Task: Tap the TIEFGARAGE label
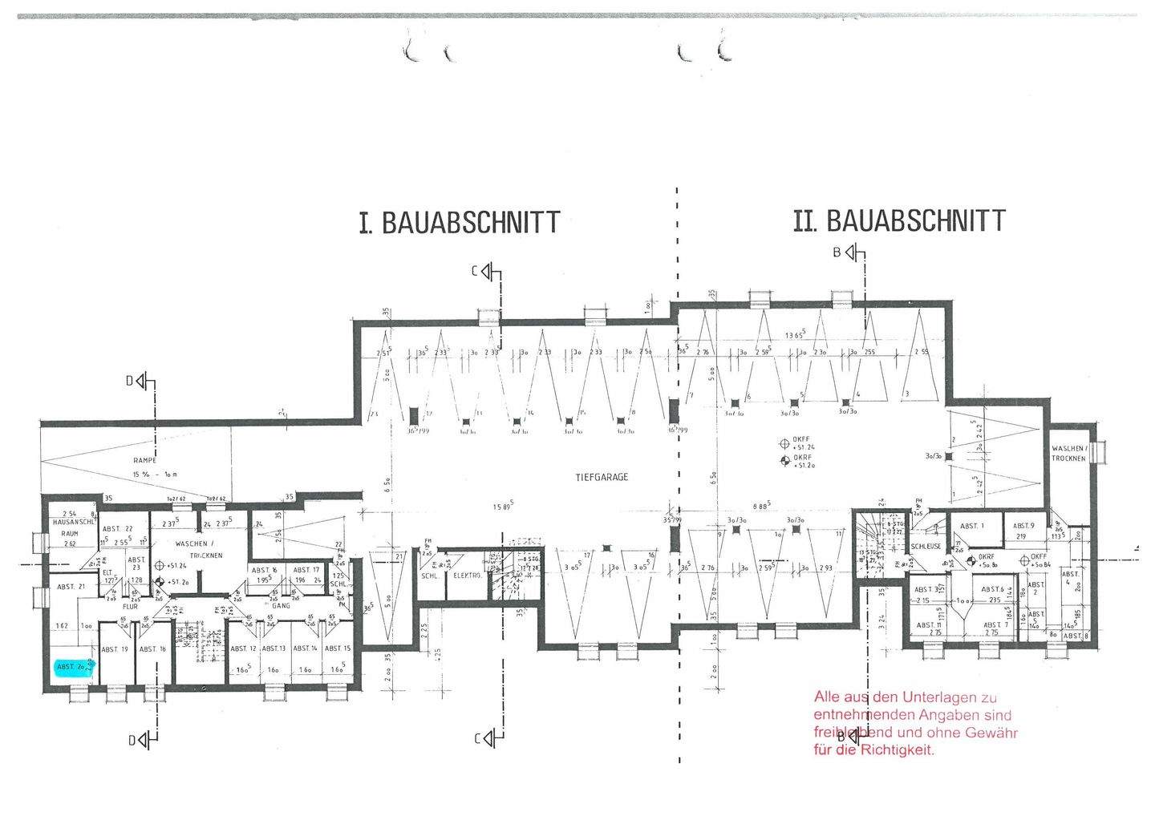(602, 477)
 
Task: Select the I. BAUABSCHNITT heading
(460, 222)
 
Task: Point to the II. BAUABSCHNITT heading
(898, 220)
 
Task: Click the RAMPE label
(145, 461)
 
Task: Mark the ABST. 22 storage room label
(117, 528)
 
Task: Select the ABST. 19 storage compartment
(114, 649)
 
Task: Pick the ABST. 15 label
(338, 648)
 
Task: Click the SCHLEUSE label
(926, 546)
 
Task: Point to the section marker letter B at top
(837, 253)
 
